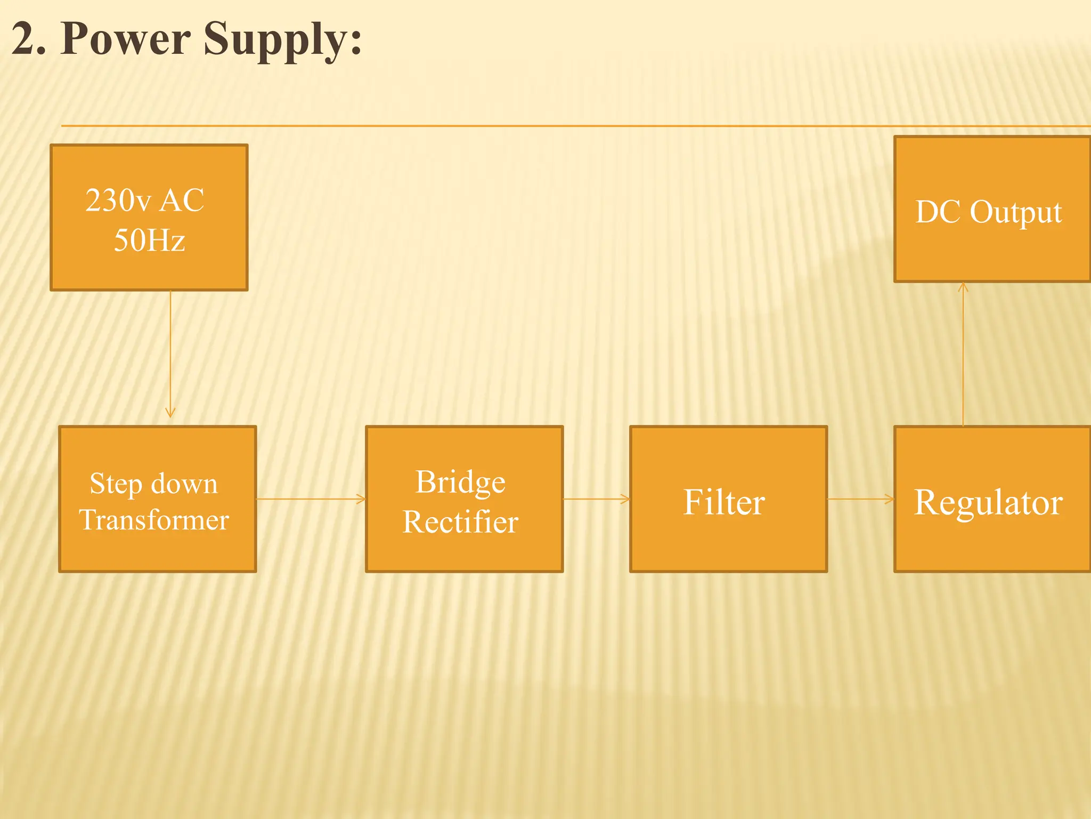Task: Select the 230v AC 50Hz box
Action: pos(149,218)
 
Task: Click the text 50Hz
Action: pos(150,240)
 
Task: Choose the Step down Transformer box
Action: pos(158,499)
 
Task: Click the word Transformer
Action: pos(154,520)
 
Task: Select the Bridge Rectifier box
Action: pos(465,499)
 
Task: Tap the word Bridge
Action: pos(460,482)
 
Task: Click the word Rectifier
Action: pos(460,521)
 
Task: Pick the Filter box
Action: pos(728,499)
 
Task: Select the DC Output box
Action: pos(991,209)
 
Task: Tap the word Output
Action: pos(1015,212)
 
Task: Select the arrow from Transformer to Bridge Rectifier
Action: pos(311,499)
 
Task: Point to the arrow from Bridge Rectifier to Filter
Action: pos(597,499)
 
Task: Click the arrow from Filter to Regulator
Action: pos(861,499)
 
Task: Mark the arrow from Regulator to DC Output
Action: pos(963,355)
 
